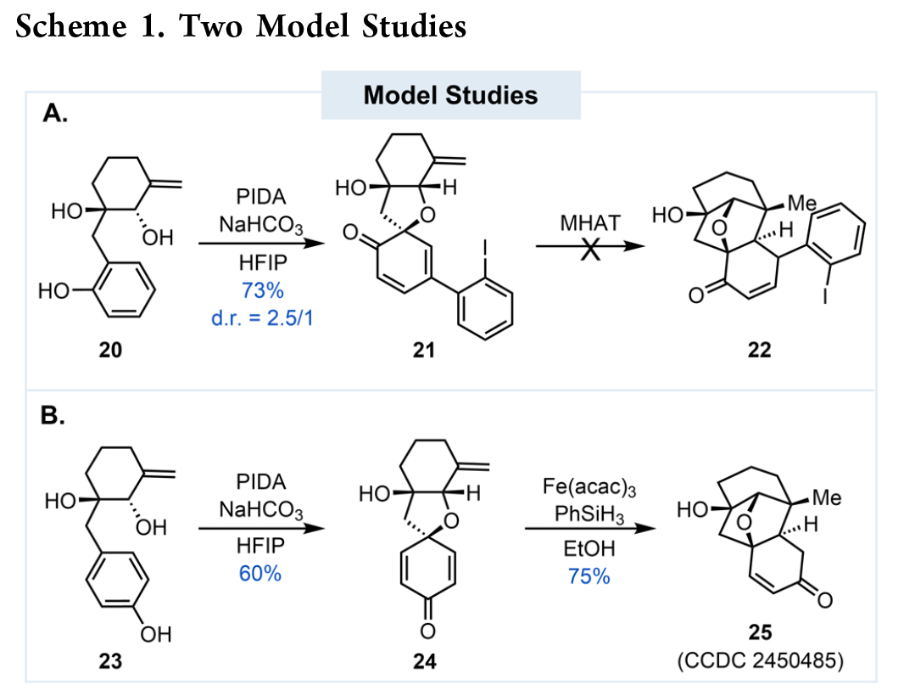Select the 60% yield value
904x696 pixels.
tap(259, 573)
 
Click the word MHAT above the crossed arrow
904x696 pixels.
tap(589, 223)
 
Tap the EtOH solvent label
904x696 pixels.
tap(591, 547)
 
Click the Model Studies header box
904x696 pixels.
tap(450, 94)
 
